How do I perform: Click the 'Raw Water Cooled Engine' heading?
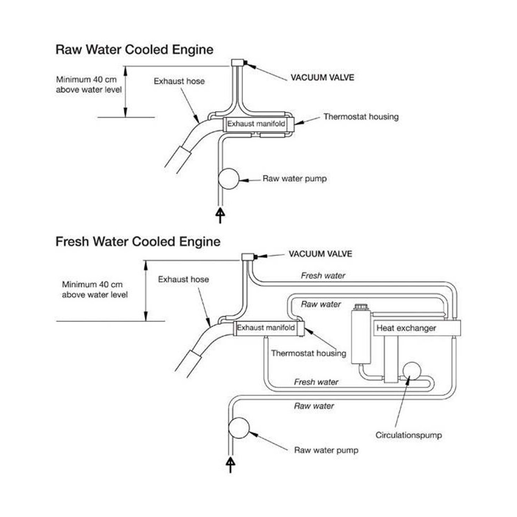134,50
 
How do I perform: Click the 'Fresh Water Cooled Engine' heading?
138,242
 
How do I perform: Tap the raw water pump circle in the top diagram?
229,179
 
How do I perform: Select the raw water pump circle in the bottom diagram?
239,428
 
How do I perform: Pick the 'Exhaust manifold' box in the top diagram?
256,124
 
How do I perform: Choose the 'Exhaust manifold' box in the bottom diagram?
266,328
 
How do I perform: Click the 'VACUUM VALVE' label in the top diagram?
322,77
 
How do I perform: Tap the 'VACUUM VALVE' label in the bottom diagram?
320,254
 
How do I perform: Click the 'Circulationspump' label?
408,435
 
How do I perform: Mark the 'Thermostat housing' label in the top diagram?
361,117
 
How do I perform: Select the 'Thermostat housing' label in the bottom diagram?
308,353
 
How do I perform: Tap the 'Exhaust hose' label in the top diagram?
179,81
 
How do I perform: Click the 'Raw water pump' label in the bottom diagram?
326,450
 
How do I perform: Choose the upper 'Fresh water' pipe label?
323,276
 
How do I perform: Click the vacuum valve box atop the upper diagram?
237,62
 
